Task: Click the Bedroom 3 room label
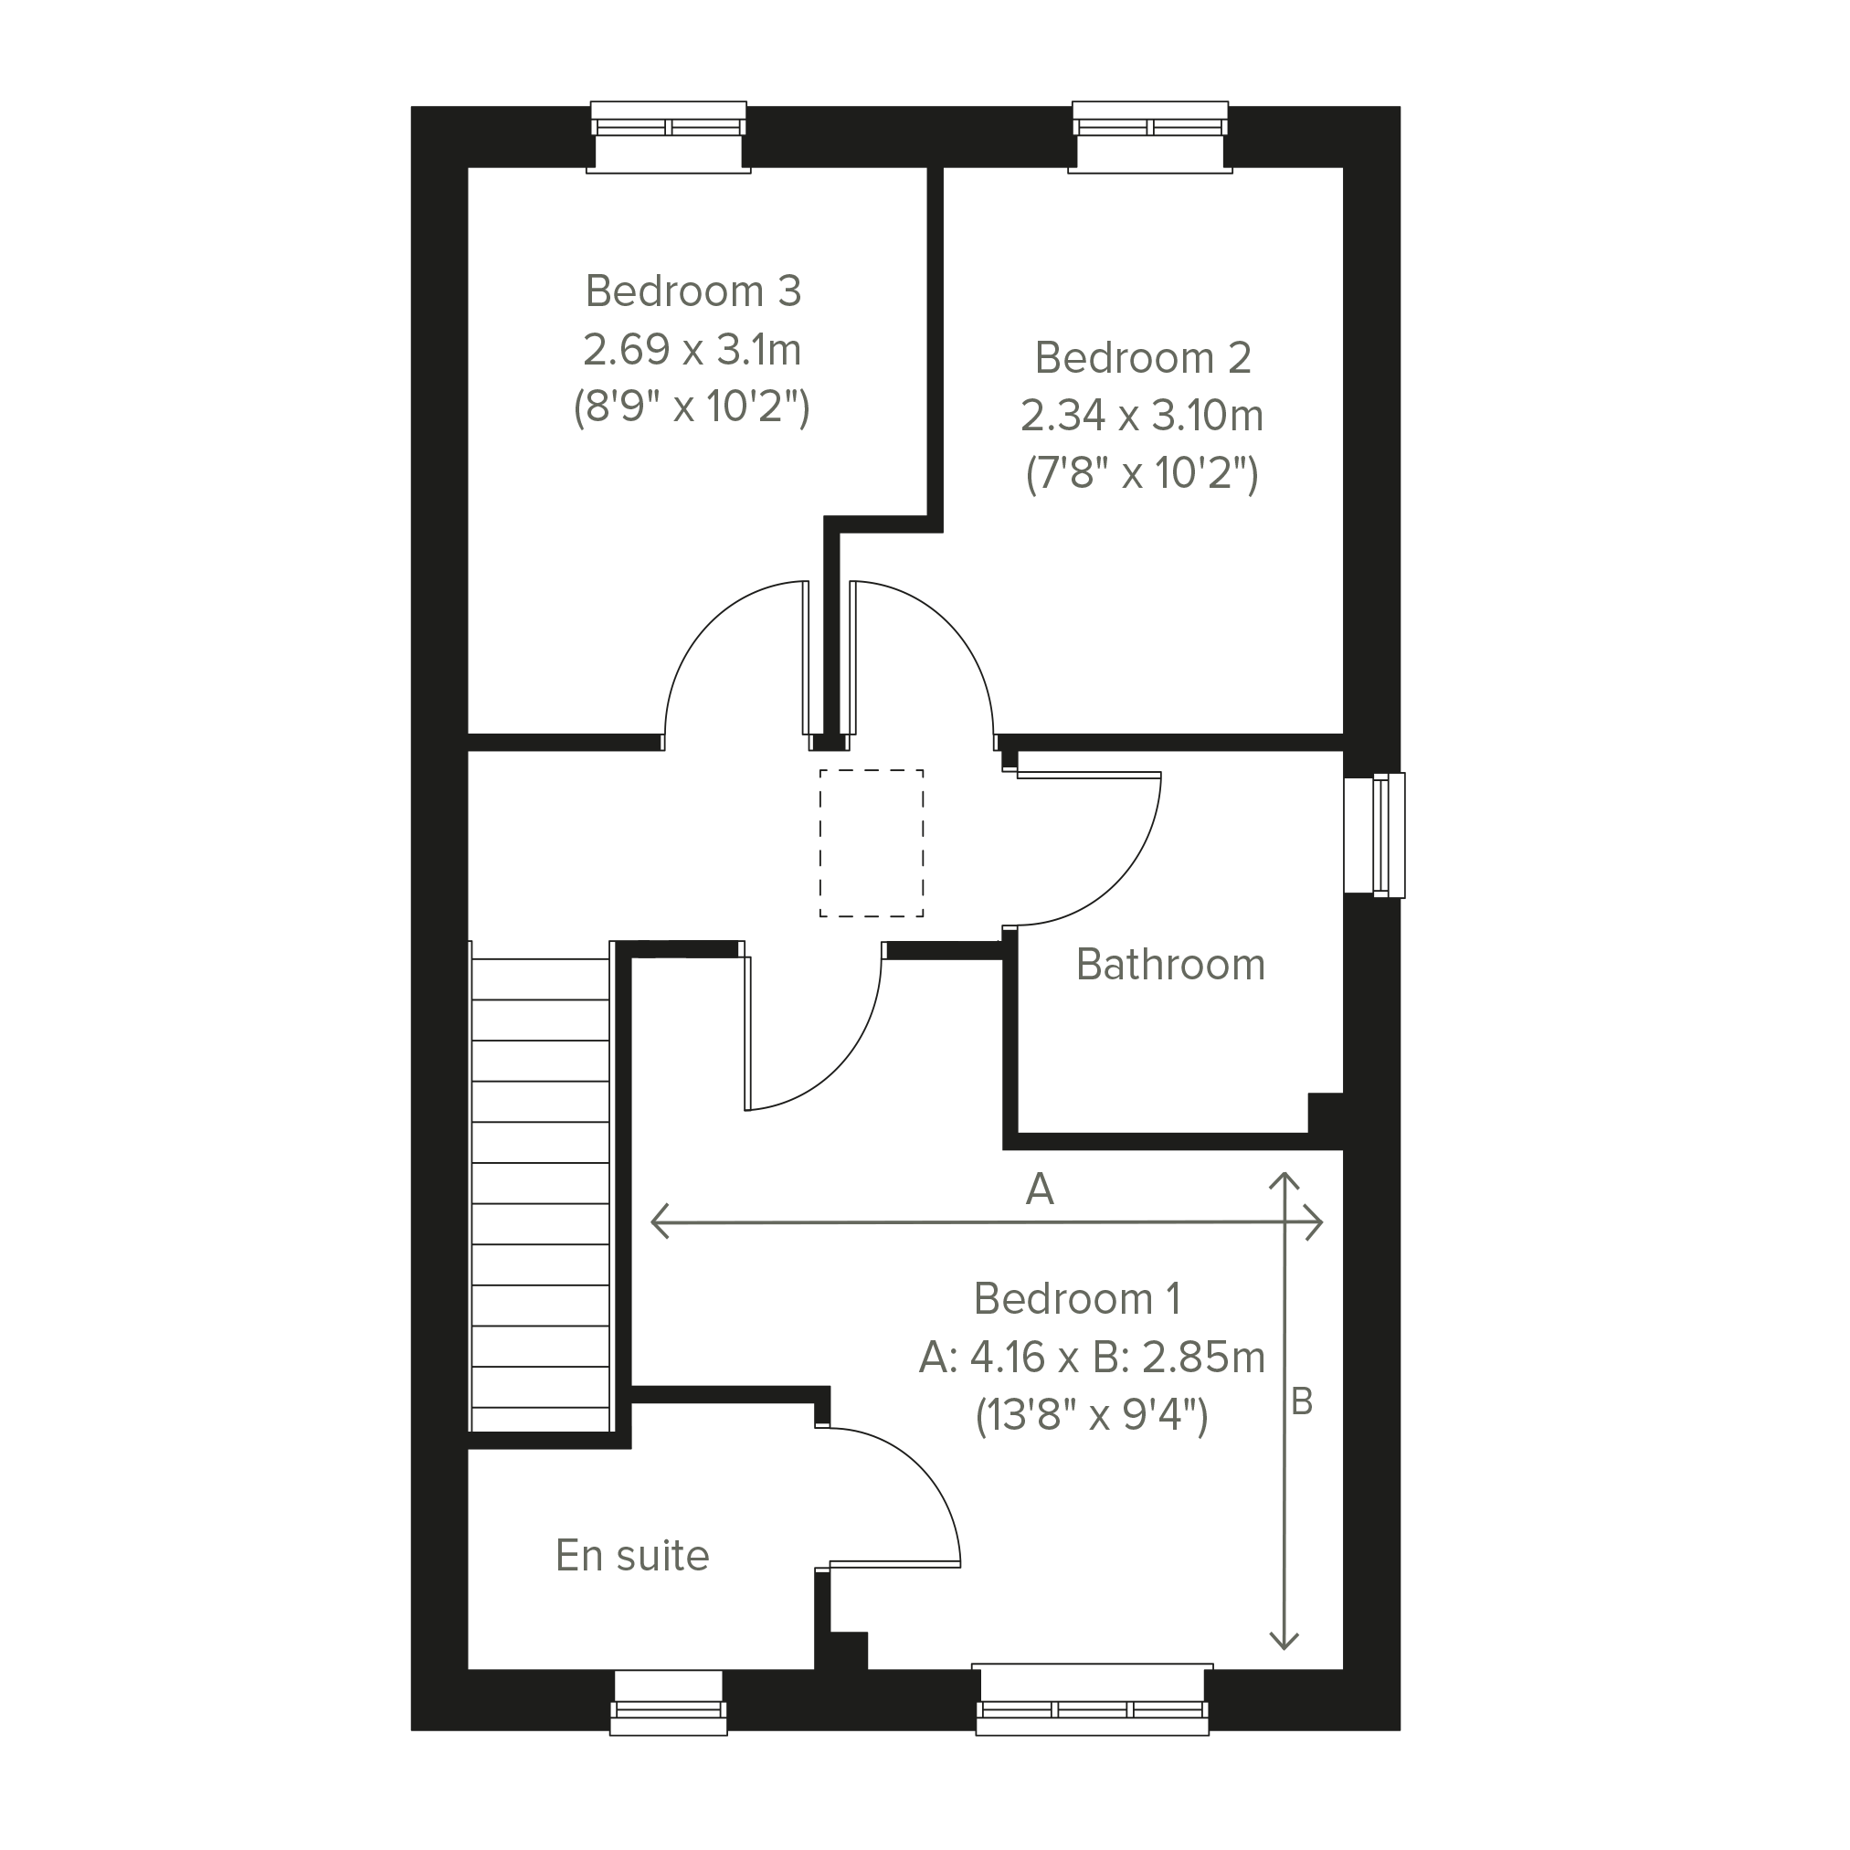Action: point(692,291)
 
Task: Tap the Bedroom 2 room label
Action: point(1142,358)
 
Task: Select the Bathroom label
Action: point(1170,964)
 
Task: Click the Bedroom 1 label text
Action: point(1077,1299)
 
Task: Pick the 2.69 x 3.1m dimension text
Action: point(692,350)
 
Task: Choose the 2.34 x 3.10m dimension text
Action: point(1141,416)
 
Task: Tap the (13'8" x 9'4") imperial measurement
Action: point(1092,1415)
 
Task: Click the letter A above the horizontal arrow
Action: point(1040,1189)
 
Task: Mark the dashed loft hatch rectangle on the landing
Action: point(872,843)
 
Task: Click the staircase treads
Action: point(541,1188)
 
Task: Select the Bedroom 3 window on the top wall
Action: point(669,137)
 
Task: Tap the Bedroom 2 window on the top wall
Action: point(1150,137)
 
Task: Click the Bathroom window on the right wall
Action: point(1375,835)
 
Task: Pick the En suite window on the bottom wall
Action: point(669,1704)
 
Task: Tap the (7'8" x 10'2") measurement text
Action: point(1141,474)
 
